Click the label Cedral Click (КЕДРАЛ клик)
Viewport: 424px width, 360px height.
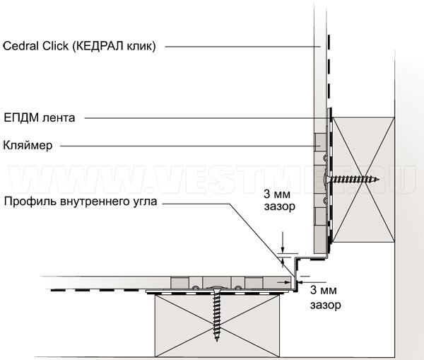point(79,46)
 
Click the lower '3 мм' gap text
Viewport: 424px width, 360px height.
point(322,289)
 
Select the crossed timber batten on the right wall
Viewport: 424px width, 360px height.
point(363,180)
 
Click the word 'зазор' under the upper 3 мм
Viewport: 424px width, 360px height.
point(277,208)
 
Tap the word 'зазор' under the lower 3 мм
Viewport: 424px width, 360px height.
point(325,306)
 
